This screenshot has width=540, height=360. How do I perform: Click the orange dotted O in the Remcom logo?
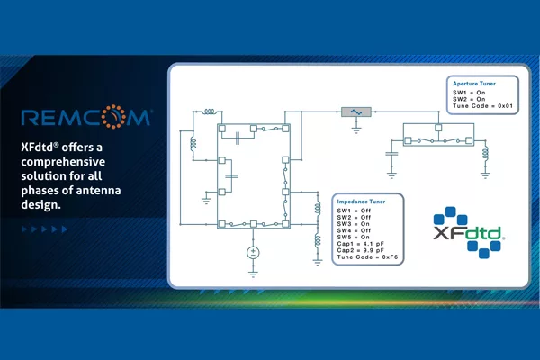[113, 117]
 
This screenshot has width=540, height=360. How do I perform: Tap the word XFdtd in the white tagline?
[37, 148]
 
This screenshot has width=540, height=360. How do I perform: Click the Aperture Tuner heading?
[474, 84]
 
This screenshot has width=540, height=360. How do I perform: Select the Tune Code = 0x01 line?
[482, 106]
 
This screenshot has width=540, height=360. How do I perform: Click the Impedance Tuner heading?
[361, 202]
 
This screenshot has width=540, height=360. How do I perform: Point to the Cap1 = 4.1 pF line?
[361, 244]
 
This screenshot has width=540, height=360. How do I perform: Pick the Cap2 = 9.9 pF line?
[361, 250]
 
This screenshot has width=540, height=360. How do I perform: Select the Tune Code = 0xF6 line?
[367, 257]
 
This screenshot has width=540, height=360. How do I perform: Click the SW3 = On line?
[354, 224]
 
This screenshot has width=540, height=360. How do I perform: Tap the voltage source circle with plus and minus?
[253, 253]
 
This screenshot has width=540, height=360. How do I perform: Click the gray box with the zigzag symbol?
[356, 112]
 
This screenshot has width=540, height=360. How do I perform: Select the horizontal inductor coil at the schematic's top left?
[210, 112]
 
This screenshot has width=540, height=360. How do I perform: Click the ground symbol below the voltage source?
[253, 274]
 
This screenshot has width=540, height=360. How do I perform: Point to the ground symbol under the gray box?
[356, 130]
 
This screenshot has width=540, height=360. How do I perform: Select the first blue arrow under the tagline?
[24, 229]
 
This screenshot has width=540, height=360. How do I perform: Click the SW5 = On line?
[354, 238]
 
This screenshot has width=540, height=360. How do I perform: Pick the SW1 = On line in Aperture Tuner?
[469, 93]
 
